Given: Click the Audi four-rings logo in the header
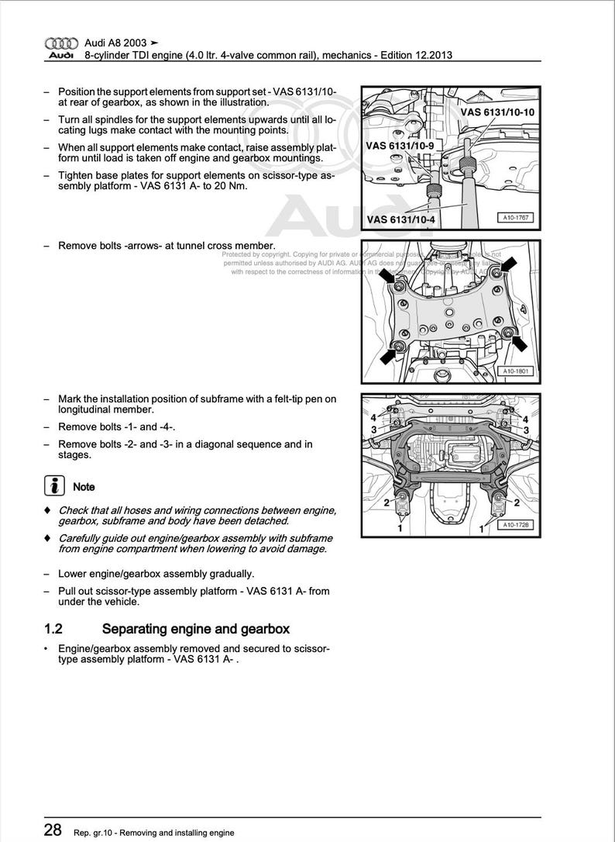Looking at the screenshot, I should point(60,43).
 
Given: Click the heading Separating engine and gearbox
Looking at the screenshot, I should point(196,629).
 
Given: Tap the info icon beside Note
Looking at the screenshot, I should point(53,487).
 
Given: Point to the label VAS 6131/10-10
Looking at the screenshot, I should point(496,112).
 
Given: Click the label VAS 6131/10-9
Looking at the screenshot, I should point(400,145).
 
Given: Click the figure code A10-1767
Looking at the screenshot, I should point(515,219).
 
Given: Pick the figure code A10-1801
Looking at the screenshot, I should point(515,371).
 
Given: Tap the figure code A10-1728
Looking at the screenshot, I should point(515,525).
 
